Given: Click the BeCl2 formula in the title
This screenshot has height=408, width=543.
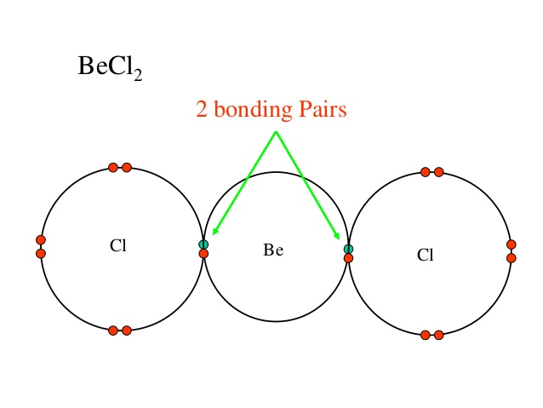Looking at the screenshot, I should pos(109,67).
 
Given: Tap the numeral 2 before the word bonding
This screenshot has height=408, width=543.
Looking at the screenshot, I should pos(202,111).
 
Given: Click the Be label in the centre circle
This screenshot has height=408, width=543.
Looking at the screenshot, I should pos(273,250).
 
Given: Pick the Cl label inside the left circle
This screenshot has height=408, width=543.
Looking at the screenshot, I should pos(117,246).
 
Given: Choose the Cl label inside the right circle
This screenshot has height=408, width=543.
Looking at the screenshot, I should pos(426,255).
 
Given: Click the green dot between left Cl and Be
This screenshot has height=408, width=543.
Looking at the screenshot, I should pos(203,244).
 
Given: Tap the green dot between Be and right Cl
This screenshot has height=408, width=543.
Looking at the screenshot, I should pos(348,249).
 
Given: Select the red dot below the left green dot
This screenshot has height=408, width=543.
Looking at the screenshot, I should pos(203,253).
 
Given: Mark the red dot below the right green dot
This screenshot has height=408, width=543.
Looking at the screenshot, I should pos(348,257).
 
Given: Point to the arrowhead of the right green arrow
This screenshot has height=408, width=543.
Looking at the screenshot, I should pos(338,237).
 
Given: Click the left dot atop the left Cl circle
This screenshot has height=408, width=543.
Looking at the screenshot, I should pos(113,167).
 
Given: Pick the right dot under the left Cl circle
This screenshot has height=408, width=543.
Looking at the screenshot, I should pos(127,330).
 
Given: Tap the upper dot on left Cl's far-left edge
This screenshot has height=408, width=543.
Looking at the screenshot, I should pos(40,239).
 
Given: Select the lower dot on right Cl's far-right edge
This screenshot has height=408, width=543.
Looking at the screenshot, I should pos(512,258).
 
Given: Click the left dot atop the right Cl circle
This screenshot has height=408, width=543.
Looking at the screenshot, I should pos(426,172).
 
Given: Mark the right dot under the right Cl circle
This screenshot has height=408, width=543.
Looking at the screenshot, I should pos(439,335).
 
